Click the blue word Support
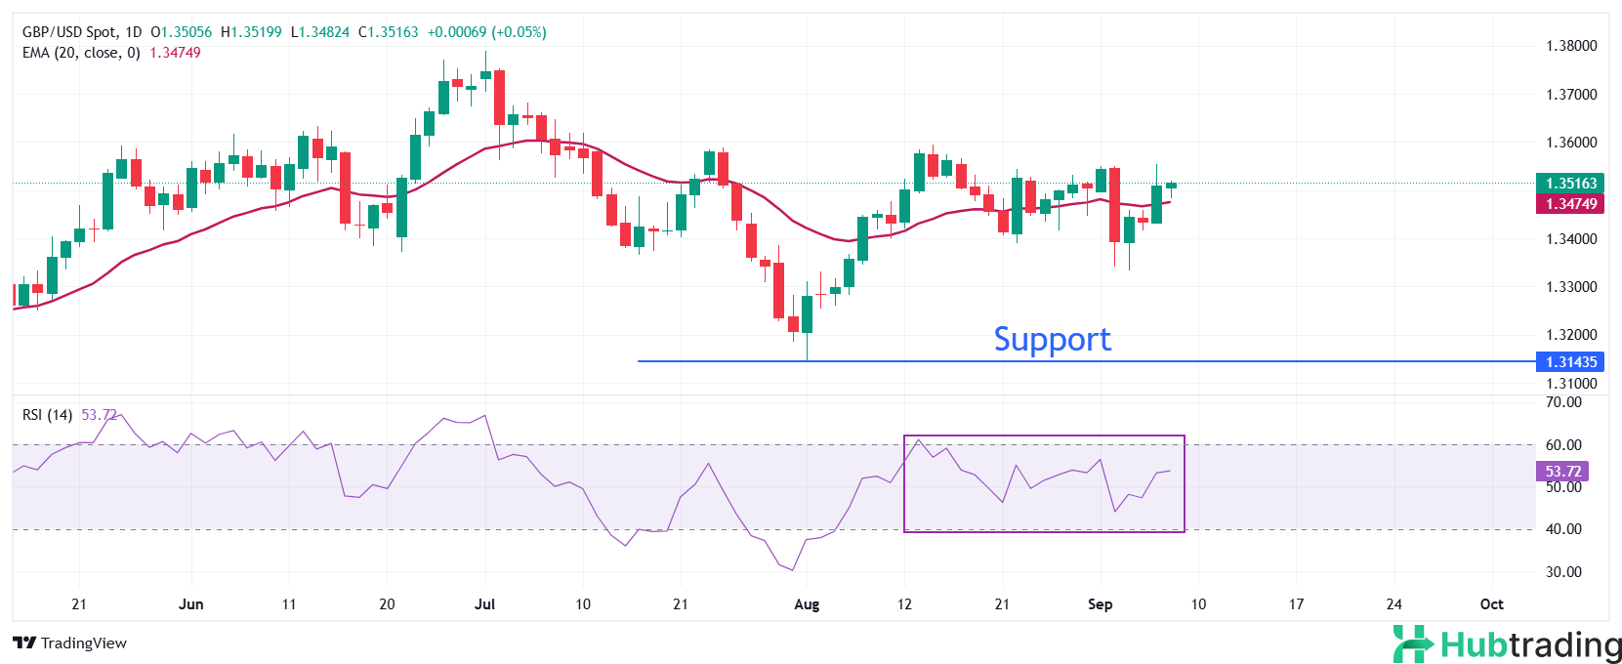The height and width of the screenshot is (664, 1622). (1052, 339)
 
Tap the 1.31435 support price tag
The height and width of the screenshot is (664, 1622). (1570, 362)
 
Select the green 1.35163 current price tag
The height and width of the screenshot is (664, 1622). (1570, 184)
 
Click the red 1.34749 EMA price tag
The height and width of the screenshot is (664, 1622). (1570, 204)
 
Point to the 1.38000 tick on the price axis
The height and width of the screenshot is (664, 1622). (1571, 46)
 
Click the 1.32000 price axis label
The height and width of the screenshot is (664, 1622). (1571, 335)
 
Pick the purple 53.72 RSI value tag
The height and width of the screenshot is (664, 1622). (1562, 472)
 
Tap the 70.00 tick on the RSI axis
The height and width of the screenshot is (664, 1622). (1563, 402)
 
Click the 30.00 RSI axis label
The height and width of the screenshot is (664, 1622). (1563, 572)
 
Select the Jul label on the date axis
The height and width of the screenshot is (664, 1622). (484, 604)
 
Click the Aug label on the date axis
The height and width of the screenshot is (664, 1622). (807, 604)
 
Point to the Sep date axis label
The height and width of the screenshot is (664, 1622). (1100, 604)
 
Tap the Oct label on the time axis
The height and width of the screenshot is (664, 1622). (1491, 604)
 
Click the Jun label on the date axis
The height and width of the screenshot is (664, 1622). (191, 604)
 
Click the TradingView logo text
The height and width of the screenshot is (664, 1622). (70, 643)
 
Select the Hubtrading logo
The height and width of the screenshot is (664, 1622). (1507, 644)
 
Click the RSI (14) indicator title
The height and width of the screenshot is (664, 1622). (47, 415)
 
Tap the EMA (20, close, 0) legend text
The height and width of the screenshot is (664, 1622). (81, 53)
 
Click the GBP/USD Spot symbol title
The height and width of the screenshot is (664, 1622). (68, 32)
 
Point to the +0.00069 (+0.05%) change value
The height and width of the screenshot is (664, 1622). (486, 32)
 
